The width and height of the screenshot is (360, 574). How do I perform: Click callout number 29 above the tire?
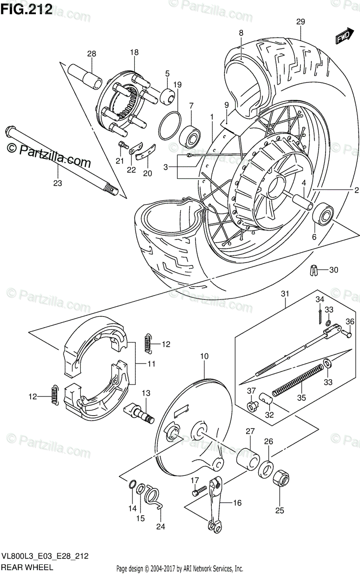tap(300, 22)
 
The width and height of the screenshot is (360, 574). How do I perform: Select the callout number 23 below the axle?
tap(58, 182)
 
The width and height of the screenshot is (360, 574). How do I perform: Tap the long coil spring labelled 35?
tap(296, 380)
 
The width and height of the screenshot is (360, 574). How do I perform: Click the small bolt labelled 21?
tap(123, 144)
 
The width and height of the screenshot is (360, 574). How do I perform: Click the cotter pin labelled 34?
tap(319, 314)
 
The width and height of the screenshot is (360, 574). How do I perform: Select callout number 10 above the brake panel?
tap(205, 356)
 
